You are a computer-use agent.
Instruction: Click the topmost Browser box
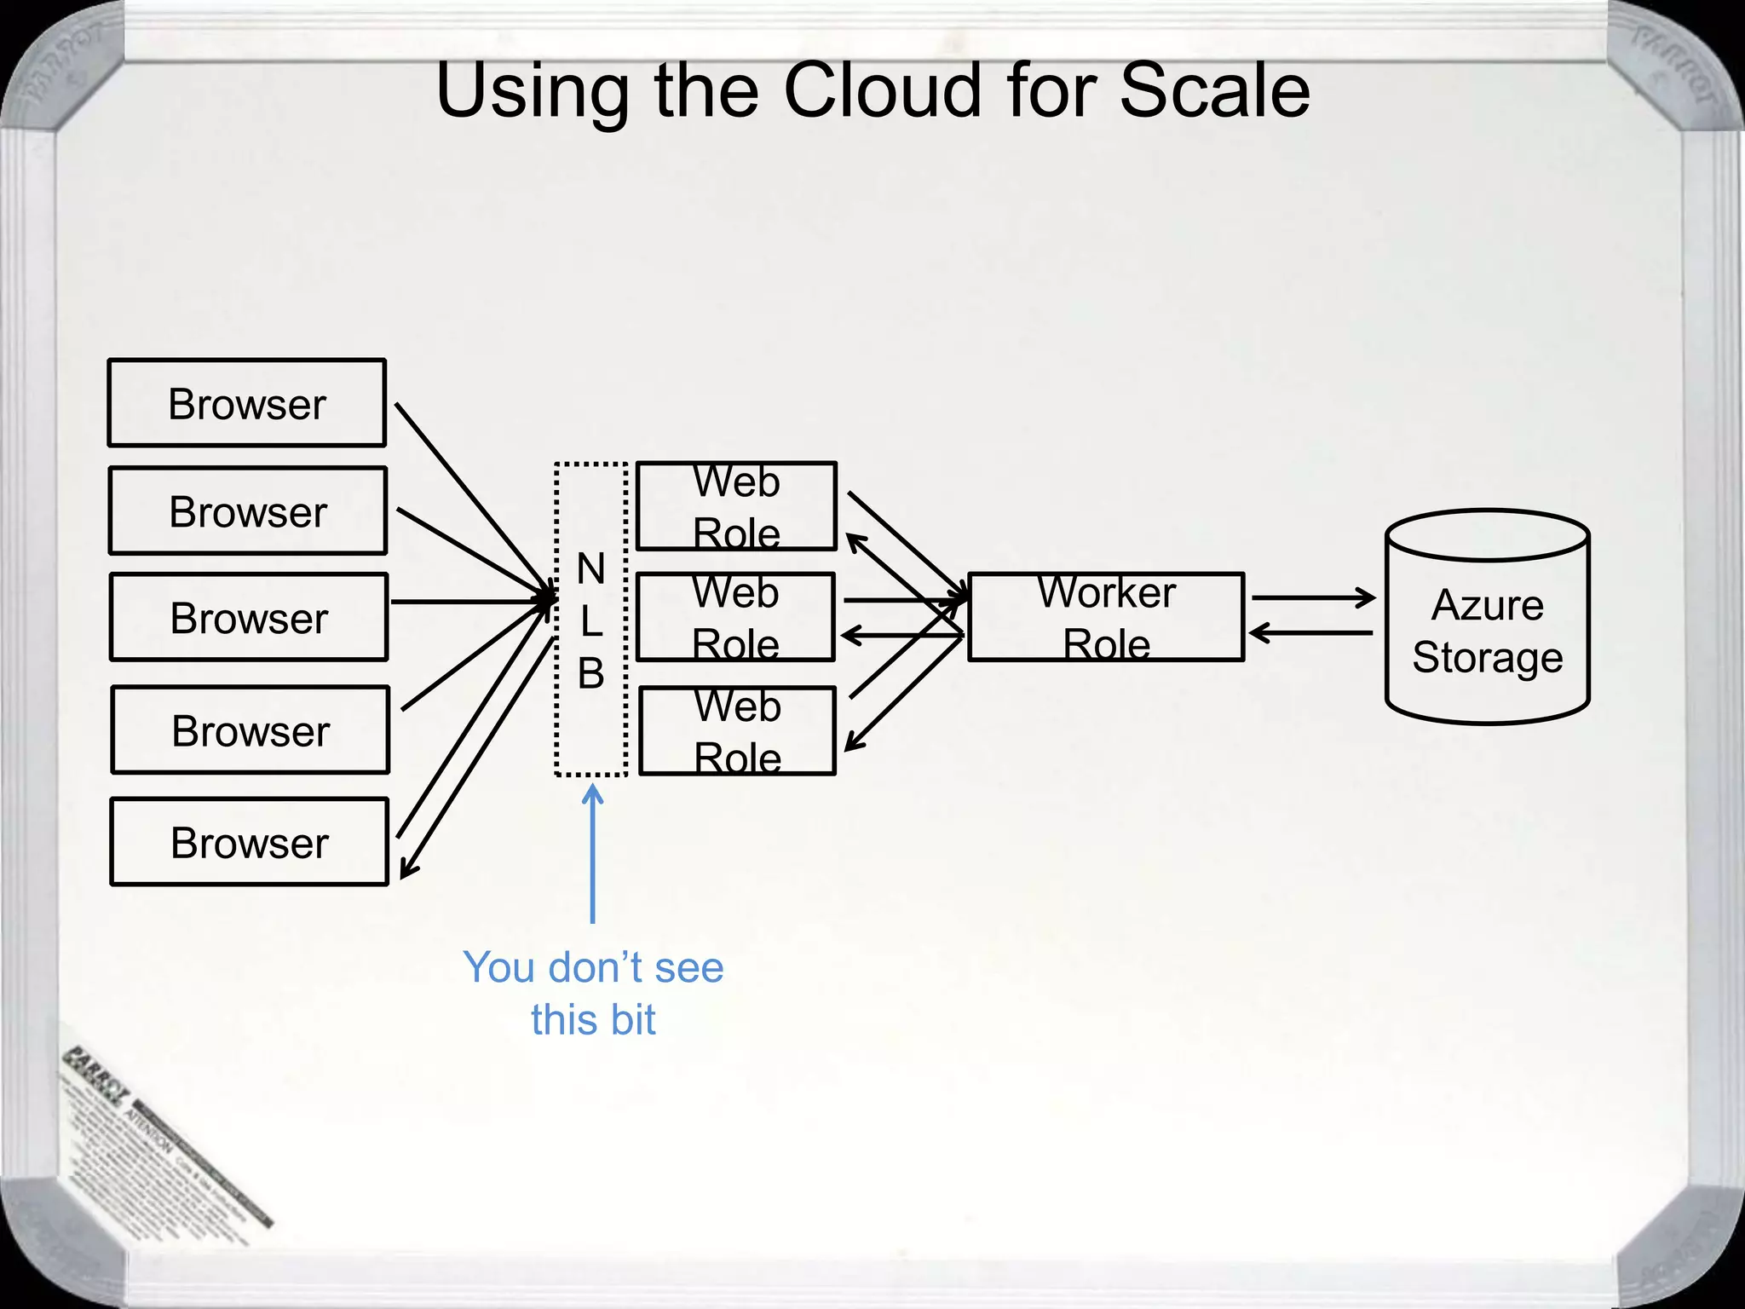[247, 403]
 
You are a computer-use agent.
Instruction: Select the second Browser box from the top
[248, 510]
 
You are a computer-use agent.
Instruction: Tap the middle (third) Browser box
[249, 617]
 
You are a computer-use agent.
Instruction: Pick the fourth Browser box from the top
[250, 730]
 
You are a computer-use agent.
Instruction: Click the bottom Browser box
[249, 842]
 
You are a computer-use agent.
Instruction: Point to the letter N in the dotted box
[590, 568]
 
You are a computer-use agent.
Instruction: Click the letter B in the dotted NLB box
[590, 673]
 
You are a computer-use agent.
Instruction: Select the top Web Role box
[736, 506]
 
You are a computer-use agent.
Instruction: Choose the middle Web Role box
[735, 617]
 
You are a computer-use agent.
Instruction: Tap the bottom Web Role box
[737, 731]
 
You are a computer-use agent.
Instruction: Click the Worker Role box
[1106, 617]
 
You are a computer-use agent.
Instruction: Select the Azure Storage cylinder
[1487, 618]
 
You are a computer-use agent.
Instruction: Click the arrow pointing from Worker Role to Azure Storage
[1312, 598]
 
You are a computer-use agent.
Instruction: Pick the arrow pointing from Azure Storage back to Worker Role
[1312, 633]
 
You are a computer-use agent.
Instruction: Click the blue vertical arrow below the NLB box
[592, 852]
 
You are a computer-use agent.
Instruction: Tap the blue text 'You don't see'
[593, 967]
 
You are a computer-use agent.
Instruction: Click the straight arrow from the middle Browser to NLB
[469, 602]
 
